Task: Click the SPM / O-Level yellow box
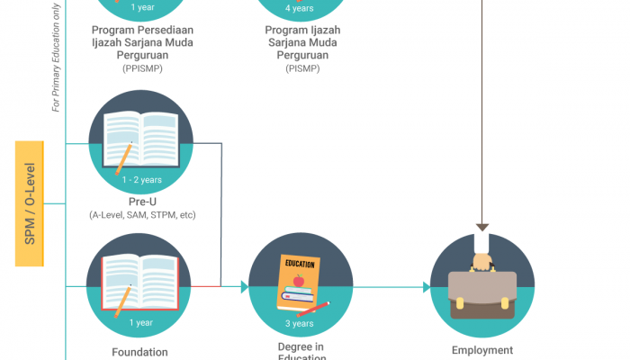point(29,202)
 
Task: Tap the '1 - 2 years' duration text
point(141,180)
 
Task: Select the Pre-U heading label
point(141,202)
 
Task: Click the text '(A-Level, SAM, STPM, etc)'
point(142,215)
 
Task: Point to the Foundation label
point(140,352)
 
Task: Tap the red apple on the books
point(298,280)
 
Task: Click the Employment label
point(484,351)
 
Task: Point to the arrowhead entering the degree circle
point(243,287)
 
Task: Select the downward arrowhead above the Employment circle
point(483,227)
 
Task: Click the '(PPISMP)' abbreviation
point(142,67)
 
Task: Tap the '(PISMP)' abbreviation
point(300,67)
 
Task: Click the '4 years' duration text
point(300,8)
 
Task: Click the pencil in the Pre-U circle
point(122,158)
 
